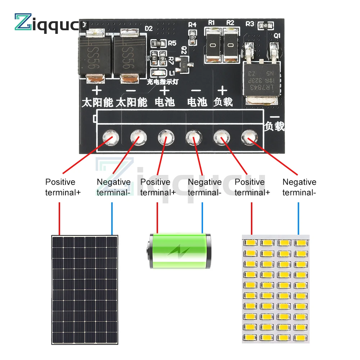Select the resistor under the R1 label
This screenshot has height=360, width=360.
[213, 46]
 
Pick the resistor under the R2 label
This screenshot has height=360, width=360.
[230, 46]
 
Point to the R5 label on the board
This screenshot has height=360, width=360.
[172, 43]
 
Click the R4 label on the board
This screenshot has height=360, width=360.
[193, 25]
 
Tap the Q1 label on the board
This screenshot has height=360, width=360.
[277, 35]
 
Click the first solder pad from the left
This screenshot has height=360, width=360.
[110, 137]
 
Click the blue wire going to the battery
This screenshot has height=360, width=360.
[202, 218]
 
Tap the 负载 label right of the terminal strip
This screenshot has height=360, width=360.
[274, 126]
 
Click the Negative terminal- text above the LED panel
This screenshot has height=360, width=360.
[299, 187]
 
